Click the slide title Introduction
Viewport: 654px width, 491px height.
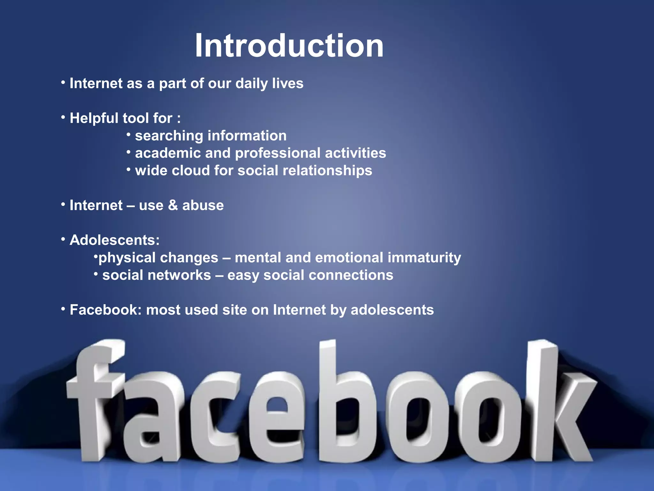click(289, 46)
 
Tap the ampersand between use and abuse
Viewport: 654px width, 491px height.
click(172, 205)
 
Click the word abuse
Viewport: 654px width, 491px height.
click(203, 206)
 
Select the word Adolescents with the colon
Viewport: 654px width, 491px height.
click(115, 240)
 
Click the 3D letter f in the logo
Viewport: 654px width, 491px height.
click(96, 400)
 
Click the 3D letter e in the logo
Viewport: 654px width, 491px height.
click(281, 416)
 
